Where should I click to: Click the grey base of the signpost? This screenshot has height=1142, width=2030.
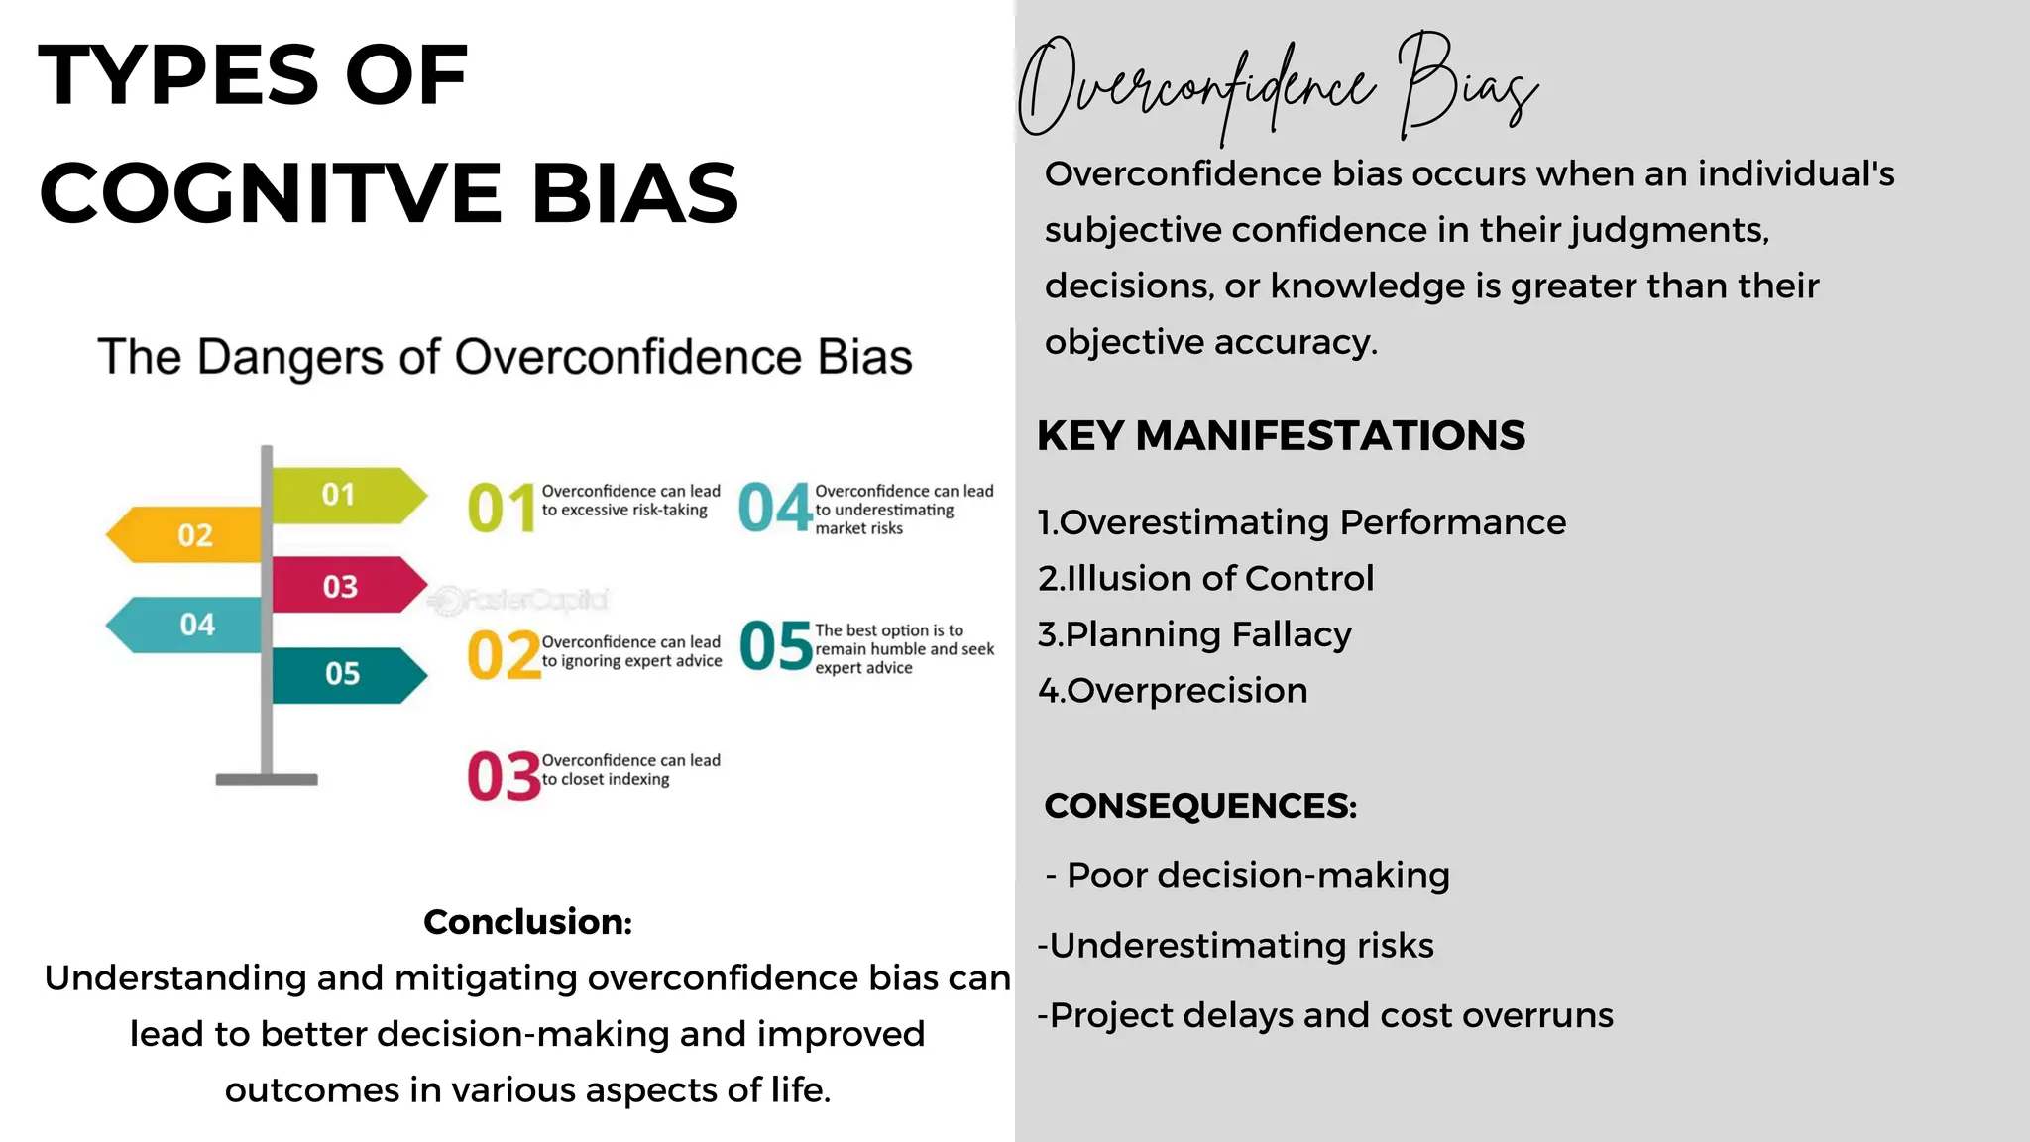tap(267, 780)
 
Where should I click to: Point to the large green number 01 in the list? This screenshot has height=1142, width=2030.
tap(502, 508)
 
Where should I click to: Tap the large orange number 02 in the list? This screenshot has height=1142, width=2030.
tap(504, 656)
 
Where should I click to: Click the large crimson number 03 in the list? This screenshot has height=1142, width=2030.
tap(504, 775)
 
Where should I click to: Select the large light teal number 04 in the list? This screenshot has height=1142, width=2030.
tap(775, 508)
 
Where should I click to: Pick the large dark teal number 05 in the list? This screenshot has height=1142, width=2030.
tap(775, 646)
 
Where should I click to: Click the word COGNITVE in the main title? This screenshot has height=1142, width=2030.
tap(271, 193)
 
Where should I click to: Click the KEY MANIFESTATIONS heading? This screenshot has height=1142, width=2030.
tap(1281, 436)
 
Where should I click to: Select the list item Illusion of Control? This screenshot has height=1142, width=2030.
tap(1206, 578)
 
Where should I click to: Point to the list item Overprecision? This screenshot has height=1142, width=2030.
tap(1174, 690)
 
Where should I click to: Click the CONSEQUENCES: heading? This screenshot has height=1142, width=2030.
tap(1200, 806)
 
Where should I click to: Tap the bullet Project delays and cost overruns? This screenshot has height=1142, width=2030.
tap(1325, 1015)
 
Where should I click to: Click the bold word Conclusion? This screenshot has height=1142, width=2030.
tap(527, 922)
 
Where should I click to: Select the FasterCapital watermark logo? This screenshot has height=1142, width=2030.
tap(519, 600)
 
